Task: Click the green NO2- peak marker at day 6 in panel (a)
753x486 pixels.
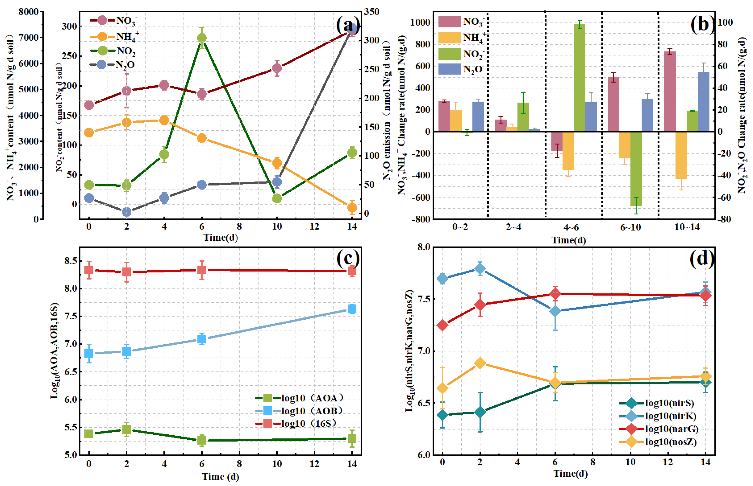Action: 202,38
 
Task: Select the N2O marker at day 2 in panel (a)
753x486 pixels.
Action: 127,212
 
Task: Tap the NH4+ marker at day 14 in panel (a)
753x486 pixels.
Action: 352,207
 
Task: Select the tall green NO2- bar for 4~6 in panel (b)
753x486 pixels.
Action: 580,78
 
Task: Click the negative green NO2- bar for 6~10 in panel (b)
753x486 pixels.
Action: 636,169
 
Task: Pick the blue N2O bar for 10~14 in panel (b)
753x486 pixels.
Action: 704,102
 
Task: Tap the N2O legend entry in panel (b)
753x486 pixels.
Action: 460,69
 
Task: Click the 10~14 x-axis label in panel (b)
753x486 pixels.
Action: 687,227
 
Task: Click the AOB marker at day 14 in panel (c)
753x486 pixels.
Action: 352,309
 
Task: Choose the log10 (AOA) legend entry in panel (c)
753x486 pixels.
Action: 299,398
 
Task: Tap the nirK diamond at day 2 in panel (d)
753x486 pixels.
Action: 480,269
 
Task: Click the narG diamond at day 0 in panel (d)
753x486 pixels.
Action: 442,325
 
